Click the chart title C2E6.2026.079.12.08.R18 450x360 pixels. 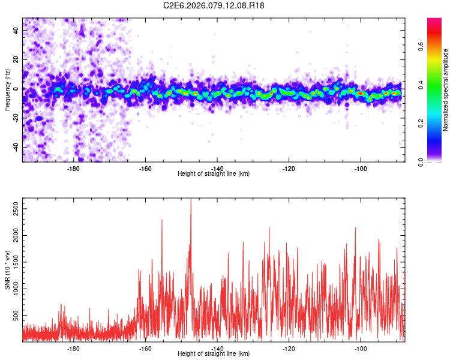[214, 5]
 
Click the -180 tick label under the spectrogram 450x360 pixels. [74, 169]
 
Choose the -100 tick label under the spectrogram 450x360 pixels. [361, 169]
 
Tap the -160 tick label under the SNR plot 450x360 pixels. [146, 349]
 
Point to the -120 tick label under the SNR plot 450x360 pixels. [289, 349]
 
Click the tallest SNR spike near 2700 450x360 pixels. [191, 200]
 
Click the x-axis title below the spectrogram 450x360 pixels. [214, 174]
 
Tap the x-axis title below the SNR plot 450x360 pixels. [214, 354]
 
